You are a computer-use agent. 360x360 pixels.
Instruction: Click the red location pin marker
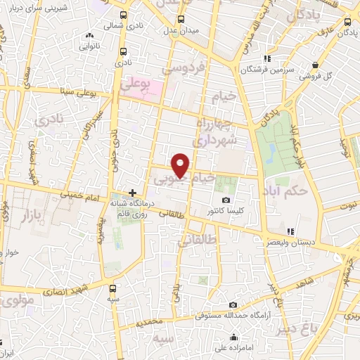(x=181, y=165)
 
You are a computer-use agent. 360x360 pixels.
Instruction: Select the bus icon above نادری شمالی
(x=124, y=15)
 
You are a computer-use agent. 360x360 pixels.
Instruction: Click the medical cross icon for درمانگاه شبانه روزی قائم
(x=132, y=192)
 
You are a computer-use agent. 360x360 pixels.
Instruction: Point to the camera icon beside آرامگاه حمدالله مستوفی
(x=233, y=304)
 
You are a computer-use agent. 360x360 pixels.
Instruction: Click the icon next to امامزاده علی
(x=233, y=337)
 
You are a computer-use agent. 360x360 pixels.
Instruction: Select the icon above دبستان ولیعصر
(x=290, y=231)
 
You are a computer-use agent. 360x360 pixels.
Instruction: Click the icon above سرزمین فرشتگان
(x=266, y=59)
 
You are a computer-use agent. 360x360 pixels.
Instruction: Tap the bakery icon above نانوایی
(x=89, y=37)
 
